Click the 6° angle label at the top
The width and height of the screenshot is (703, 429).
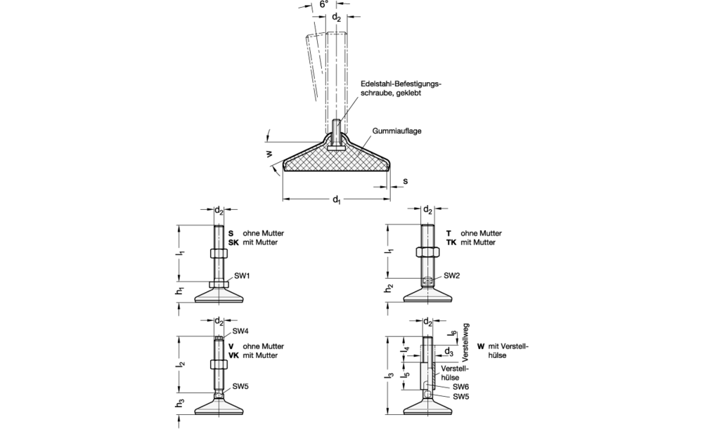coord(324,4)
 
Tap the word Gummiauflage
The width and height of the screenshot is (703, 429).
coord(396,131)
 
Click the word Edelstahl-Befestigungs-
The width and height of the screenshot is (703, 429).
coord(401,84)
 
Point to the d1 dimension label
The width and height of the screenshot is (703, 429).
coord(336,200)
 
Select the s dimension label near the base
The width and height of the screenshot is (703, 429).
coord(406,181)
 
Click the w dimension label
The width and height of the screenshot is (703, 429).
coord(269,154)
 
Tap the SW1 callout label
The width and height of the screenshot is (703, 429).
coord(242,276)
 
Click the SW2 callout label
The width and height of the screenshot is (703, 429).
coord(452,275)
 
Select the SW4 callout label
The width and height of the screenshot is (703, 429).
coord(240,331)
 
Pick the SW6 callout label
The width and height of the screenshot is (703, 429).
coord(461,386)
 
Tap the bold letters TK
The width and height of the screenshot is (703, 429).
coord(451,242)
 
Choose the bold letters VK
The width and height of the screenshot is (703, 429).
coord(233,355)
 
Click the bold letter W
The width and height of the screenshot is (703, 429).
coord(481,346)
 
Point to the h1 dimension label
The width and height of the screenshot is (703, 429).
coord(180,291)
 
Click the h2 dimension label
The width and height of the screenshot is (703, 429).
coord(388,289)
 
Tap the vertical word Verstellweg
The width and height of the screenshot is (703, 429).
coord(465,343)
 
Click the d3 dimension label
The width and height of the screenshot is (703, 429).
coord(448,352)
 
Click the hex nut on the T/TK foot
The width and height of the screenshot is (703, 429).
coord(427,251)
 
